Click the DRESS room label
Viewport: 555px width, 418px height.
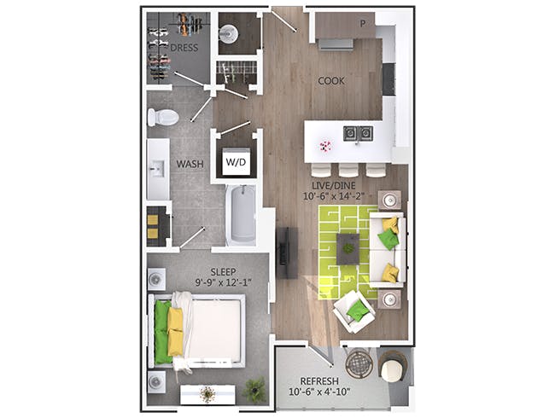click(184, 48)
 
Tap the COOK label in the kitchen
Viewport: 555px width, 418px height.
click(331, 81)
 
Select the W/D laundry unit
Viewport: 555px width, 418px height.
click(236, 161)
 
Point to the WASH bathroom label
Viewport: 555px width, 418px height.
click(189, 163)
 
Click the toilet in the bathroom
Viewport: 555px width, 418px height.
click(162, 118)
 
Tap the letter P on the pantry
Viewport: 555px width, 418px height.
click(362, 24)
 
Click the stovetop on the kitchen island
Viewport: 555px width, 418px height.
click(358, 133)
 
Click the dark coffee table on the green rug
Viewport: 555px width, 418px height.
click(348, 248)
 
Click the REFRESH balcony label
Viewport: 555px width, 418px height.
click(319, 381)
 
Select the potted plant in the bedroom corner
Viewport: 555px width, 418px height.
click(254, 390)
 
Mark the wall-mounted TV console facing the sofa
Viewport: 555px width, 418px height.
click(287, 253)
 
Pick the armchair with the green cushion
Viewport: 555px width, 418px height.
click(353, 312)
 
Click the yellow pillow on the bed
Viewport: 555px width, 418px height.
click(176, 333)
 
